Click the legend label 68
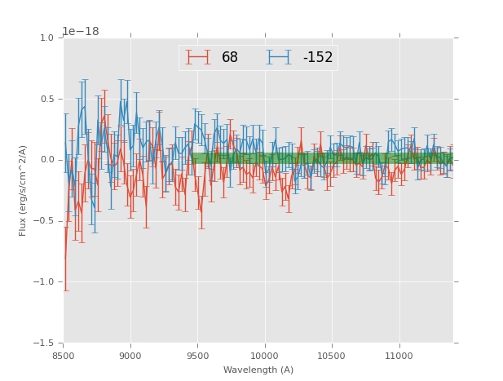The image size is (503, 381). coord(230,58)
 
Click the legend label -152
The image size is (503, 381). coord(317,58)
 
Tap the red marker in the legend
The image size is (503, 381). coord(198,58)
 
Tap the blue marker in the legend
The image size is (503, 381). coord(280,58)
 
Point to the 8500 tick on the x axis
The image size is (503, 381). coord(64,356)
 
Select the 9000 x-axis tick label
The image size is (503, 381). coord(130,356)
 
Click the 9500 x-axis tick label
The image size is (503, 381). coord(197,356)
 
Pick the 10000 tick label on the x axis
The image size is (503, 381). coord(264,356)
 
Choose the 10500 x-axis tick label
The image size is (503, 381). coord(332,356)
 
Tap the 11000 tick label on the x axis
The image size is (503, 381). coord(399,356)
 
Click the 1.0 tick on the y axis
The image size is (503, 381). coord(46,38)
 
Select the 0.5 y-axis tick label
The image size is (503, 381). coord(46,100)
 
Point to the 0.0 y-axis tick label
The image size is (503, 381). coord(46,160)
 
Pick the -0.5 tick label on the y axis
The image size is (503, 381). coord(44,221)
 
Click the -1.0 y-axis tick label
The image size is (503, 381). coord(44,282)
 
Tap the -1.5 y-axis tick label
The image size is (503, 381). coord(44,343)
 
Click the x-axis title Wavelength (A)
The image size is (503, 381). coord(258,370)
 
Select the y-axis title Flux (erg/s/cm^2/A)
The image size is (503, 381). coord(24,190)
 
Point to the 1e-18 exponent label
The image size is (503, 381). coord(81,32)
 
